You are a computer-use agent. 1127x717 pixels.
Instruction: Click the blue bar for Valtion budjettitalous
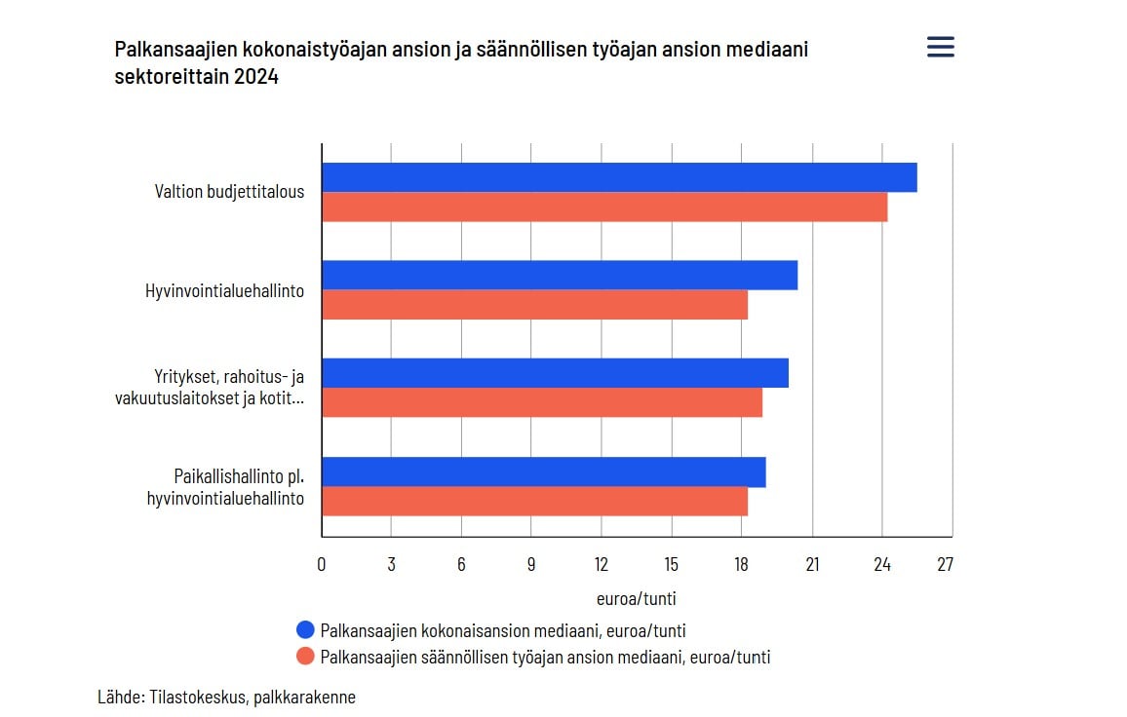point(619,177)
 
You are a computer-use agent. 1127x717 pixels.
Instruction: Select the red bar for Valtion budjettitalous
point(604,208)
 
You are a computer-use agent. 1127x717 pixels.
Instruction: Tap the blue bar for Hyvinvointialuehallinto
point(560,275)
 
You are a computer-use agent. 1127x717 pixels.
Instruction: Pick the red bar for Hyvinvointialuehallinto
point(534,305)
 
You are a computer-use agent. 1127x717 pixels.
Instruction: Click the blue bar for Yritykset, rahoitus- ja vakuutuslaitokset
point(555,373)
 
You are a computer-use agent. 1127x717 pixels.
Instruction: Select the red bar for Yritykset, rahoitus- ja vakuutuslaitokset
point(542,402)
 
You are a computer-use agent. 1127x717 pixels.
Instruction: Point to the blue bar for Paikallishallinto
point(543,472)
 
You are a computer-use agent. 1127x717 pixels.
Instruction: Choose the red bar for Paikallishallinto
point(534,501)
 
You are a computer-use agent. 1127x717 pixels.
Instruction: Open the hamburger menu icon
point(941,47)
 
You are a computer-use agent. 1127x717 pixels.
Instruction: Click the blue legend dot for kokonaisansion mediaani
point(305,630)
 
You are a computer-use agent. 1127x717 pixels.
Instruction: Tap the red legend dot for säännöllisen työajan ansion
point(305,657)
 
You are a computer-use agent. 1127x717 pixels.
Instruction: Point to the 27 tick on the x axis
point(945,565)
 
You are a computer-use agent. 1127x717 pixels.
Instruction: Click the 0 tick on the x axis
point(322,565)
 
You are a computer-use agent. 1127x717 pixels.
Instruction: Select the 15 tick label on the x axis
point(671,565)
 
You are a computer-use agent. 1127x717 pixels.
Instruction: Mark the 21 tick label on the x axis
point(811,565)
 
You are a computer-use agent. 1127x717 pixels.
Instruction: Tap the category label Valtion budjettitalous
point(229,192)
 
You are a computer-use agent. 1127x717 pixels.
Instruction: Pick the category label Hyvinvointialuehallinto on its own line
point(224,289)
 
